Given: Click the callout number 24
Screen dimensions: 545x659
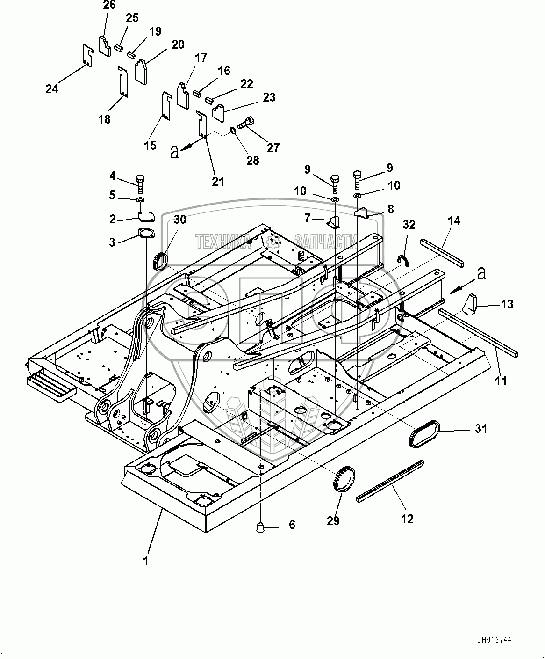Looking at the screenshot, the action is tap(52, 89).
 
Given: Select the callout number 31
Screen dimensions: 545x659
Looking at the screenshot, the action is tap(481, 429).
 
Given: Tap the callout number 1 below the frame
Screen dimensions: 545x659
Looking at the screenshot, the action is tap(146, 561).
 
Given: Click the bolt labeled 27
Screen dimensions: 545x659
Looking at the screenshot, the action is tap(245, 123).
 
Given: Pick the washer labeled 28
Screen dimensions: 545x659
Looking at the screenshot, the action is tap(232, 130).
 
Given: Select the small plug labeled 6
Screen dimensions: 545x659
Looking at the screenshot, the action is tap(260, 527).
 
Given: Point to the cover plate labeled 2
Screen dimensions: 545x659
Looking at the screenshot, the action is tap(146, 216).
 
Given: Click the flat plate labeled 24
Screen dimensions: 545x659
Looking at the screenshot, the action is tap(88, 56).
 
